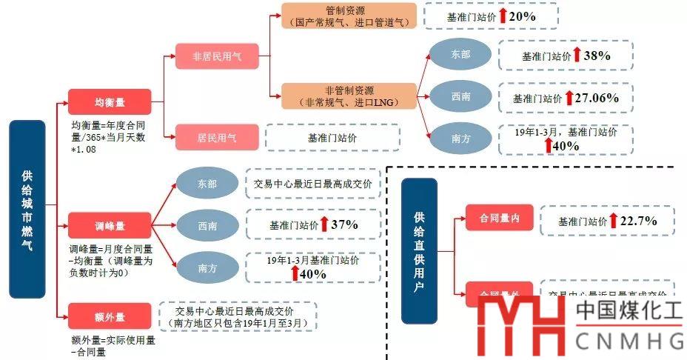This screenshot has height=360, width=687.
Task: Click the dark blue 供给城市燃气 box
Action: click(x=27, y=209)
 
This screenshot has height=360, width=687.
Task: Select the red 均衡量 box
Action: click(x=109, y=101)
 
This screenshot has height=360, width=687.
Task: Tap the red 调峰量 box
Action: click(x=109, y=225)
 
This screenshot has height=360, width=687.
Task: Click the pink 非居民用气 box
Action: click(x=217, y=56)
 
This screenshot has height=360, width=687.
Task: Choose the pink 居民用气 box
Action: click(x=217, y=137)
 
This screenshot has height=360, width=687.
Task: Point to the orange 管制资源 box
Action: click(x=349, y=16)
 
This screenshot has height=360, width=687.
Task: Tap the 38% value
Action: click(x=596, y=56)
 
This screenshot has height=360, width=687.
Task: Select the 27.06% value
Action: click(x=597, y=98)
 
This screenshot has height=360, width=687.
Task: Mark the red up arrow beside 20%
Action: click(x=503, y=15)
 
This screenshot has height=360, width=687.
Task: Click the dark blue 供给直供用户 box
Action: click(x=419, y=250)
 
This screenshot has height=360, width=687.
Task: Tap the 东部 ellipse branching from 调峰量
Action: click(x=207, y=184)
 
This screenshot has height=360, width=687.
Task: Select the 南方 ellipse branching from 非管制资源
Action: click(x=460, y=138)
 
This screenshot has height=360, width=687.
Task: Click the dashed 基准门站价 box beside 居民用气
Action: click(x=332, y=138)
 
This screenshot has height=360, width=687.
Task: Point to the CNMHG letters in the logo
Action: click(x=629, y=341)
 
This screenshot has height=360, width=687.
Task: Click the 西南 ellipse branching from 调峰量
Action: click(x=207, y=225)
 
